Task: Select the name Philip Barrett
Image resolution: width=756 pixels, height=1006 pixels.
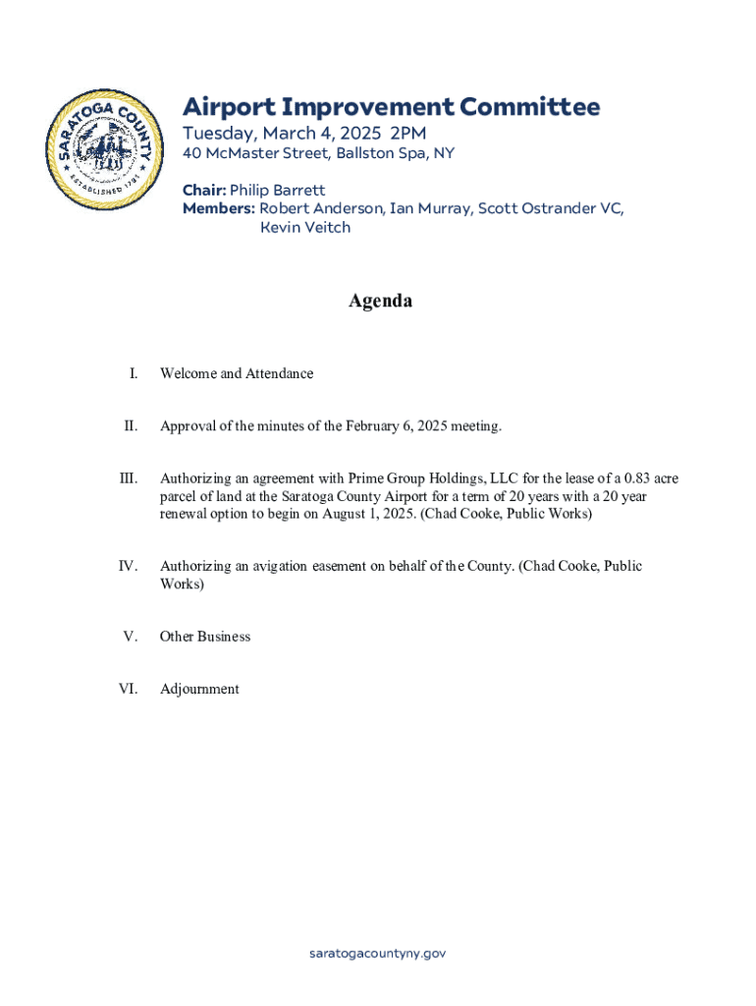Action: (x=277, y=190)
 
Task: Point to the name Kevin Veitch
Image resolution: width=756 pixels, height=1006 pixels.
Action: (x=305, y=227)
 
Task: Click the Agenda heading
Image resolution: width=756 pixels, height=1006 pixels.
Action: (x=380, y=301)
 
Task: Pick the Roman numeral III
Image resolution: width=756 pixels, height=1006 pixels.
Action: (x=129, y=479)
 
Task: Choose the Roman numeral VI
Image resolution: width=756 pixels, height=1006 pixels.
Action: (x=129, y=689)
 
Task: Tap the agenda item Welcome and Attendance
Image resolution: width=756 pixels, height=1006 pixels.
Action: (x=237, y=373)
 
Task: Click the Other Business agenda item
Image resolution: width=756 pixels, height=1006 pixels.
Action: (x=205, y=637)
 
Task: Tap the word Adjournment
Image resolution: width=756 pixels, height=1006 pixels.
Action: (x=199, y=689)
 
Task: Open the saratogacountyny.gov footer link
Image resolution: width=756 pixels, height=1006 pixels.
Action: (x=378, y=953)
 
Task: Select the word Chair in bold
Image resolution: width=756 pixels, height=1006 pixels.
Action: (x=203, y=190)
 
